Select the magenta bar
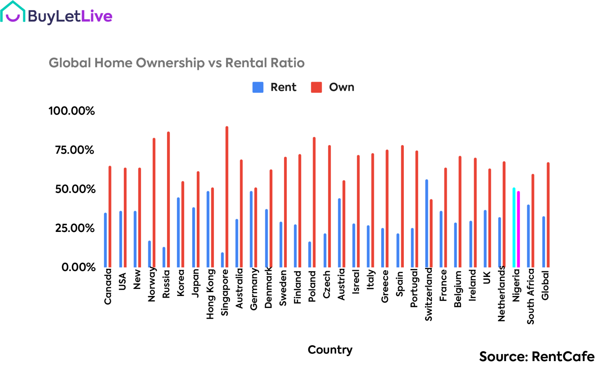[518, 229]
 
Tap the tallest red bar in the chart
[227, 197]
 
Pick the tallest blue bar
[427, 223]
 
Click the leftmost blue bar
[106, 240]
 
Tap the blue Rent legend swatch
[258, 87]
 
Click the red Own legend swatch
[316, 87]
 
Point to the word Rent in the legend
[283, 87]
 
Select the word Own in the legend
[341, 87]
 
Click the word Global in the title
[70, 63]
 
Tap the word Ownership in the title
[170, 63]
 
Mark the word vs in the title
[215, 63]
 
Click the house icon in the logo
[13, 12]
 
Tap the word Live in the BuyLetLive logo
[96, 16]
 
